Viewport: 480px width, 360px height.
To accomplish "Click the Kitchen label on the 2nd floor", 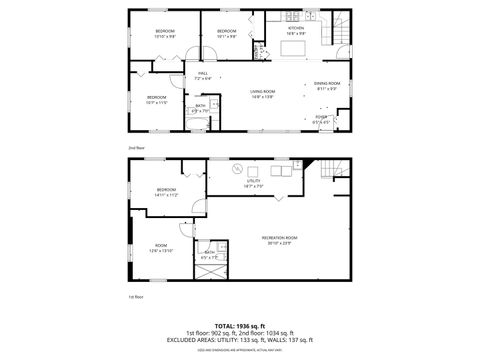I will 295,30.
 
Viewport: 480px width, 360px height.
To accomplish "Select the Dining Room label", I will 328,86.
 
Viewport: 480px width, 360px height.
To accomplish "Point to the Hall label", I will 201,75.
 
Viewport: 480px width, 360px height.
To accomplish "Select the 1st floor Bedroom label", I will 166,192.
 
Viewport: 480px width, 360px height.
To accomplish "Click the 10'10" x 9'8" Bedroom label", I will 165,33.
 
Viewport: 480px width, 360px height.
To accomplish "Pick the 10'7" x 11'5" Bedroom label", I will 158,99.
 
